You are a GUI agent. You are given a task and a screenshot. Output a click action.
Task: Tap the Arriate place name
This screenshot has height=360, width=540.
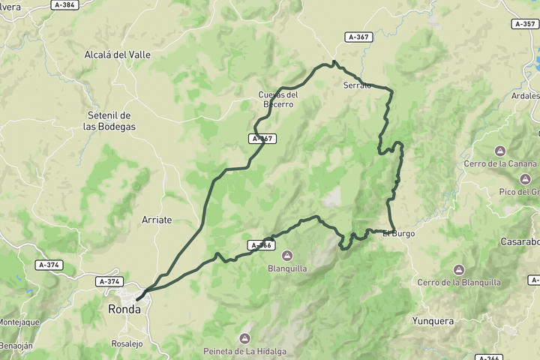157,220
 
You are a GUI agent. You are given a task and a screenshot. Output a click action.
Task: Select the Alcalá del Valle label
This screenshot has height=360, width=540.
118,55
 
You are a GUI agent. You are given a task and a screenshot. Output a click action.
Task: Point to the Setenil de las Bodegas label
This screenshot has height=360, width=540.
109,121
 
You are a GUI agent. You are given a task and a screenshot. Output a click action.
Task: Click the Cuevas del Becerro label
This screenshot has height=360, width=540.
277,99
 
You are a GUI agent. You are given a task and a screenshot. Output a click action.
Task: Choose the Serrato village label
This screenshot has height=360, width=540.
357,85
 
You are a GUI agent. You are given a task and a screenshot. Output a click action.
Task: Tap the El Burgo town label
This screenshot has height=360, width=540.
398,233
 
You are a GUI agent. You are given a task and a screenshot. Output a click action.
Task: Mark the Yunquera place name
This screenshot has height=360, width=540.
433,321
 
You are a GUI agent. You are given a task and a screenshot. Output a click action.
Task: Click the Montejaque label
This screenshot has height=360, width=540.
18,322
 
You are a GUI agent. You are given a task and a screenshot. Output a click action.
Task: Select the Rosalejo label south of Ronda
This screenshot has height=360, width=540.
127,343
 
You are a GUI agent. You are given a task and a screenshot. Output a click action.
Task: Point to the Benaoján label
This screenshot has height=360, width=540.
16,349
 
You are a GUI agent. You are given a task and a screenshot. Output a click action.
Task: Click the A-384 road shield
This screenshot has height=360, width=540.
65,4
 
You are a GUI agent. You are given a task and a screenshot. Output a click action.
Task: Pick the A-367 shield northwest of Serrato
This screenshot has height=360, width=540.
358,37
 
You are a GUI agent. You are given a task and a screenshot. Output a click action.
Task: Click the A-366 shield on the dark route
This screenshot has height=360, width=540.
260,245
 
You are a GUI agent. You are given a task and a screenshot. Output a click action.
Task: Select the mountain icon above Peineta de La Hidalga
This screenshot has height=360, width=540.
244,338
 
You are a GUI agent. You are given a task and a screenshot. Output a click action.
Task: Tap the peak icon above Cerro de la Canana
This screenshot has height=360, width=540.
500,151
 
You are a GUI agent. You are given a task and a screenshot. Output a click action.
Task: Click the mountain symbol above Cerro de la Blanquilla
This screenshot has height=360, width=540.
458,269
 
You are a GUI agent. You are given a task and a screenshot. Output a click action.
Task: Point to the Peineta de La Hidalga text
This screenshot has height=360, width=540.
245,351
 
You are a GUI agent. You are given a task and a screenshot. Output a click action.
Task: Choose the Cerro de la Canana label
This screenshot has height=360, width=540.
500,164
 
